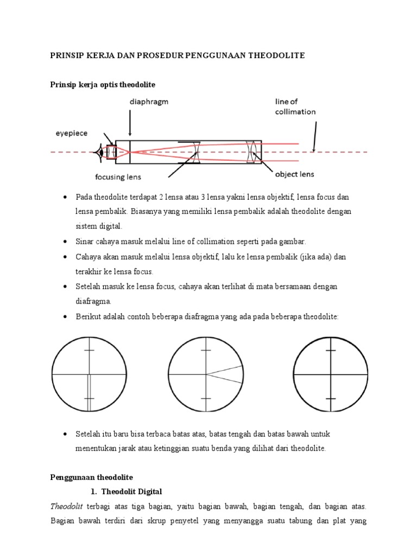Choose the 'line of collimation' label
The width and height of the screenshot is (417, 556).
[294, 106]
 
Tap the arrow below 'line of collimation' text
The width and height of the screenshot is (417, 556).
[314, 135]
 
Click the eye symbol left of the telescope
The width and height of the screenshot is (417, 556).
[100, 152]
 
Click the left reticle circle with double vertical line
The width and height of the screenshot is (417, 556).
[89, 375]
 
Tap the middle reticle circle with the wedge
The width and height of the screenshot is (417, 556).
[206, 375]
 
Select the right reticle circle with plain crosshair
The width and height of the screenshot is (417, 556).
[331, 375]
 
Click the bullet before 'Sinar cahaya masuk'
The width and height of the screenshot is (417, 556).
[65, 241]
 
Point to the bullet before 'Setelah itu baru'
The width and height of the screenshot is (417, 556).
[65, 434]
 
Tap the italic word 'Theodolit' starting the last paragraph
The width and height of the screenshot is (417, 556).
[66, 506]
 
